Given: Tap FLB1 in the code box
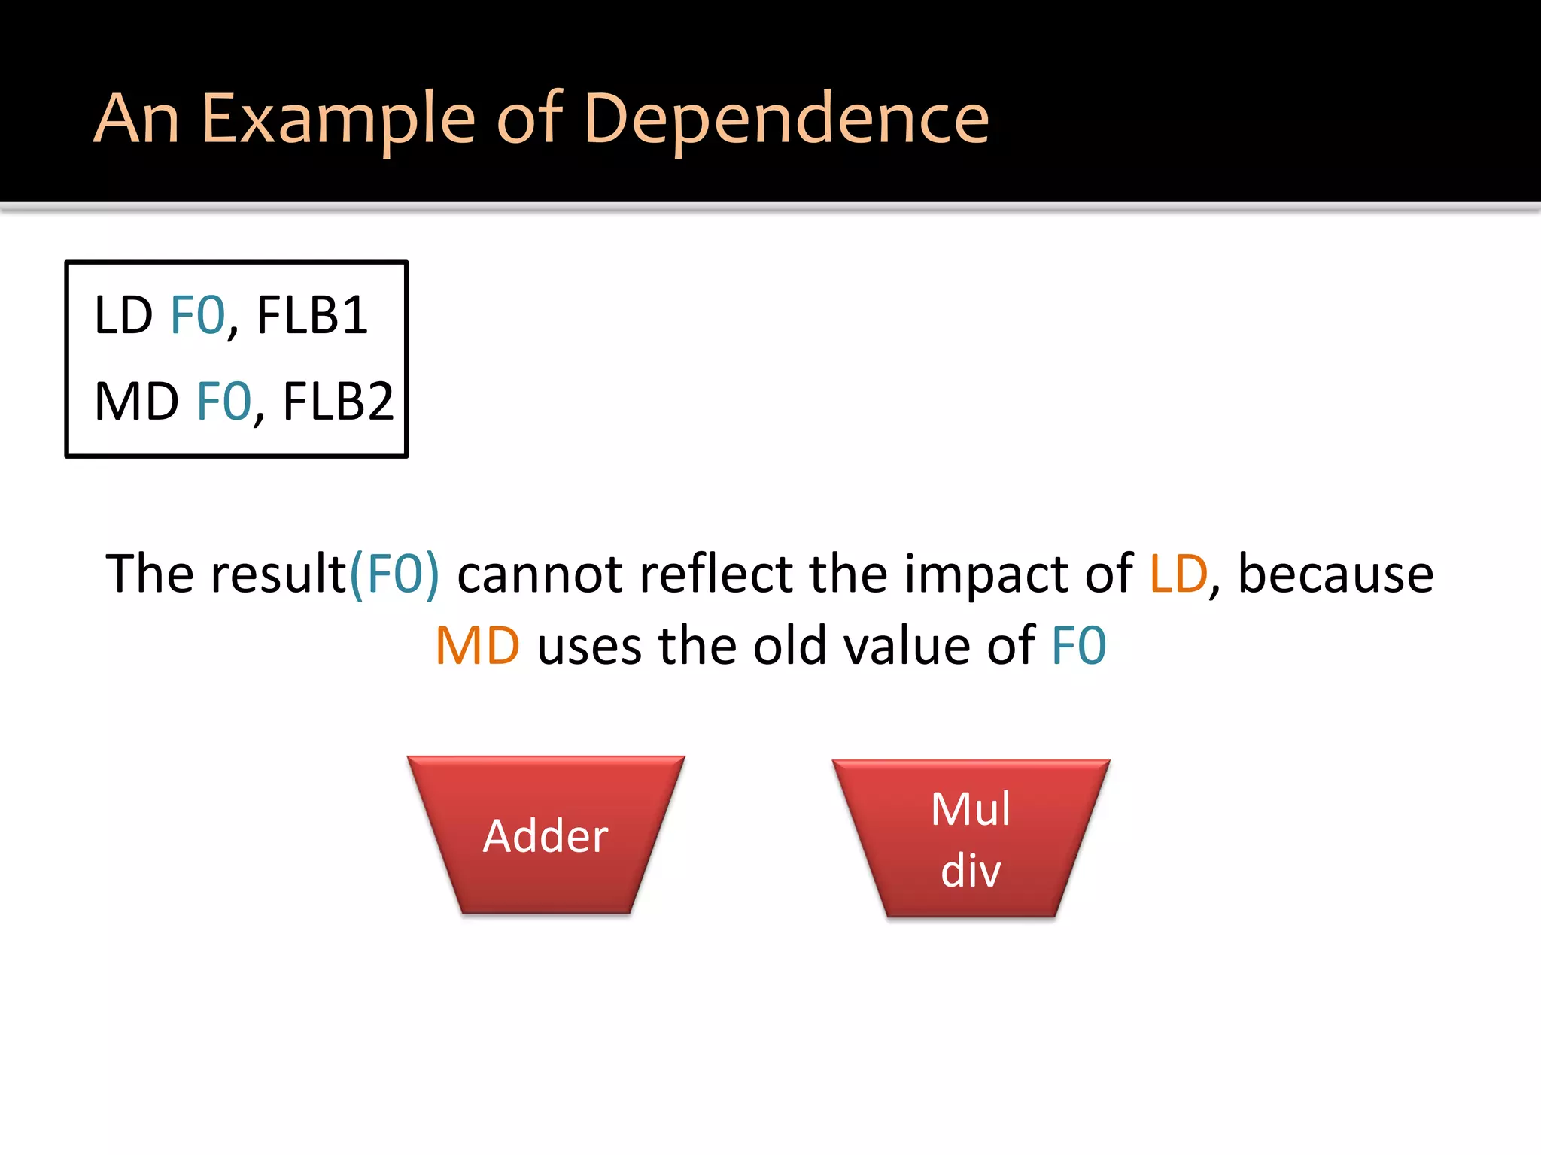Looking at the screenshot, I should (312, 315).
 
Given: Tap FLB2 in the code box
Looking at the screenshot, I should (338, 402).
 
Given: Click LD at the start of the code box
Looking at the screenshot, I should (123, 315).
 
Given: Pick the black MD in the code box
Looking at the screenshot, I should (136, 402).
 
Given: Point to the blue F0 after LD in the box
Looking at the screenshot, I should (198, 315).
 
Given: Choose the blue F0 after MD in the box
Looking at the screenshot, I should (223, 402).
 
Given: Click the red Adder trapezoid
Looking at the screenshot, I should (546, 835).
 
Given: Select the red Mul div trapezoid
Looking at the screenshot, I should (971, 838).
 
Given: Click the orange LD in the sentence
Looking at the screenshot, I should (1178, 574).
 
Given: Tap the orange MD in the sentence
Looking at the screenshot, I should (478, 647).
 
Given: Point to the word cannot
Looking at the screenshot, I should (540, 574).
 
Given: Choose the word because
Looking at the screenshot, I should (1336, 574).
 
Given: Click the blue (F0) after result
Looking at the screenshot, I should (394, 574).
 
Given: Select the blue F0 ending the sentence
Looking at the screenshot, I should (1079, 647).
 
